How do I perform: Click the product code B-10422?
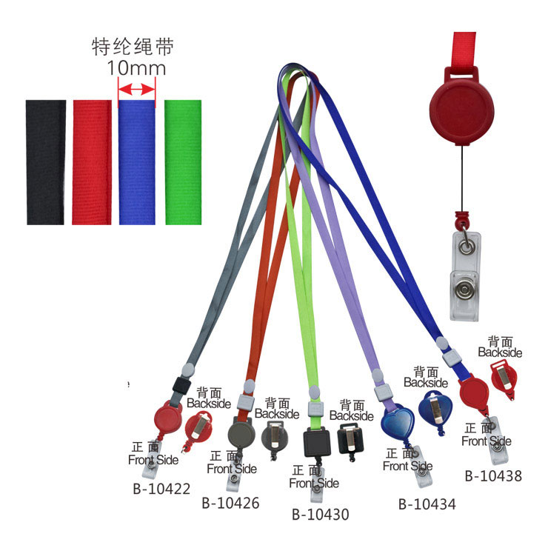click(161, 489)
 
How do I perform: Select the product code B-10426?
click(230, 503)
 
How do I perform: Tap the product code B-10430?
click(320, 514)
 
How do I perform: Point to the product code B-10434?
click(427, 504)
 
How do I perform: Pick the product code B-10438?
click(493, 476)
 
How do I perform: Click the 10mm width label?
click(136, 68)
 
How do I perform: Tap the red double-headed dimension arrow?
click(136, 90)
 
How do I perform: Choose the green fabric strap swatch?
click(182, 161)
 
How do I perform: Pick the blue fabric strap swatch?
click(137, 161)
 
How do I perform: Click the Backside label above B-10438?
click(500, 347)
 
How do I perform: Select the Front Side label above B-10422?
click(153, 453)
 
